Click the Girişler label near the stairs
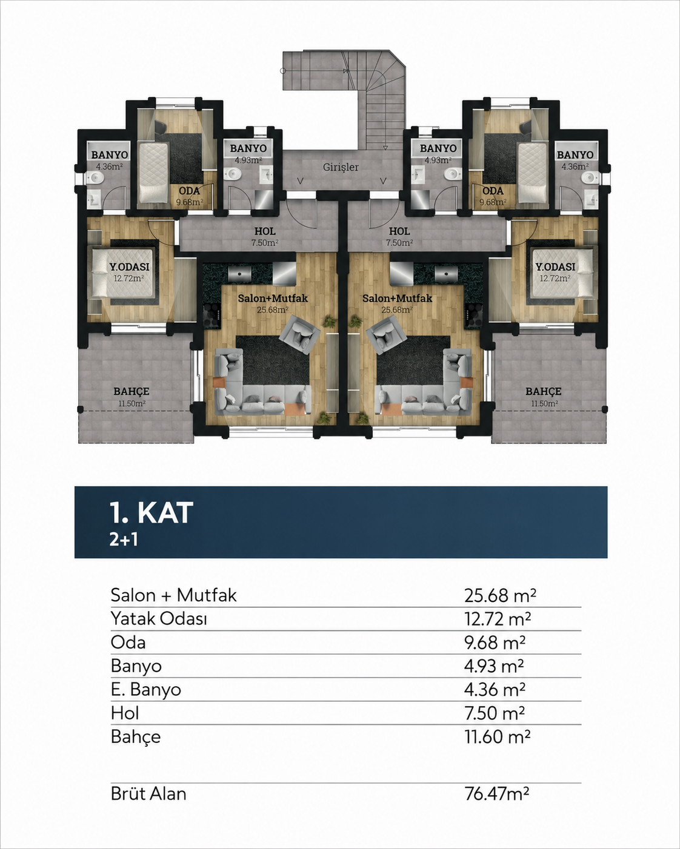(x=341, y=167)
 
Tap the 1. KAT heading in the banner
(x=152, y=513)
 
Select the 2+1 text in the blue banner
(x=124, y=540)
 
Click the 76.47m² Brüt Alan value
(x=497, y=793)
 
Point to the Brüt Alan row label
(x=148, y=793)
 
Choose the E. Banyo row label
(x=145, y=690)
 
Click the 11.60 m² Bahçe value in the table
(x=497, y=736)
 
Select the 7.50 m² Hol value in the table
(x=495, y=713)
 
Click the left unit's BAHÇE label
(x=132, y=391)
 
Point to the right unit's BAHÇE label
(x=544, y=391)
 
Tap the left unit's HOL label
(x=265, y=231)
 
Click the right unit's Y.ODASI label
(x=555, y=266)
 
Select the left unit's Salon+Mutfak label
(x=273, y=299)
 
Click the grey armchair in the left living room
(x=300, y=333)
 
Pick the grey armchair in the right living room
(x=386, y=333)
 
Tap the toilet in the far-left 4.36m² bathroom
(x=95, y=178)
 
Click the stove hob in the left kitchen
(x=212, y=315)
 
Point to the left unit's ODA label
(x=189, y=191)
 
